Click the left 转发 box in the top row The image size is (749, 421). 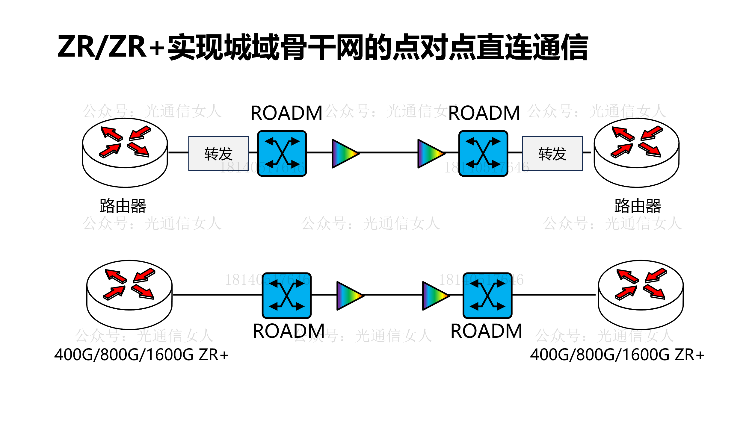218,154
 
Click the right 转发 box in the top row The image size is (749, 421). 552,154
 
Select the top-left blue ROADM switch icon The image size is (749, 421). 282,153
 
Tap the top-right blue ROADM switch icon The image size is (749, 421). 483,153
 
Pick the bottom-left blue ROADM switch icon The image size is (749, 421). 287,296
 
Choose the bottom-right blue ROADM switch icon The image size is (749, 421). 487,296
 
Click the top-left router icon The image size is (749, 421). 125,152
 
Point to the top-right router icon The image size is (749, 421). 637,152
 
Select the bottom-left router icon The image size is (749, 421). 129,295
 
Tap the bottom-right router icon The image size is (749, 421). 641,295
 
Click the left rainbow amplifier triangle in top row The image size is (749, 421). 345,154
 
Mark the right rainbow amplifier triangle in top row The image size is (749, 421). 430,154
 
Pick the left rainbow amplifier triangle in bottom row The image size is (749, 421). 349,296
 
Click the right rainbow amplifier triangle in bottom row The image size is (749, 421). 435,296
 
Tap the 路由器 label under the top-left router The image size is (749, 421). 123,206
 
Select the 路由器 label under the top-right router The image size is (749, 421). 638,206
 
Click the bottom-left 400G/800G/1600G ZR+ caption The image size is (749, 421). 141,355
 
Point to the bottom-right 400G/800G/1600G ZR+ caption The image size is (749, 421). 617,355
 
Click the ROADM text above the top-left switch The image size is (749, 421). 286,113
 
